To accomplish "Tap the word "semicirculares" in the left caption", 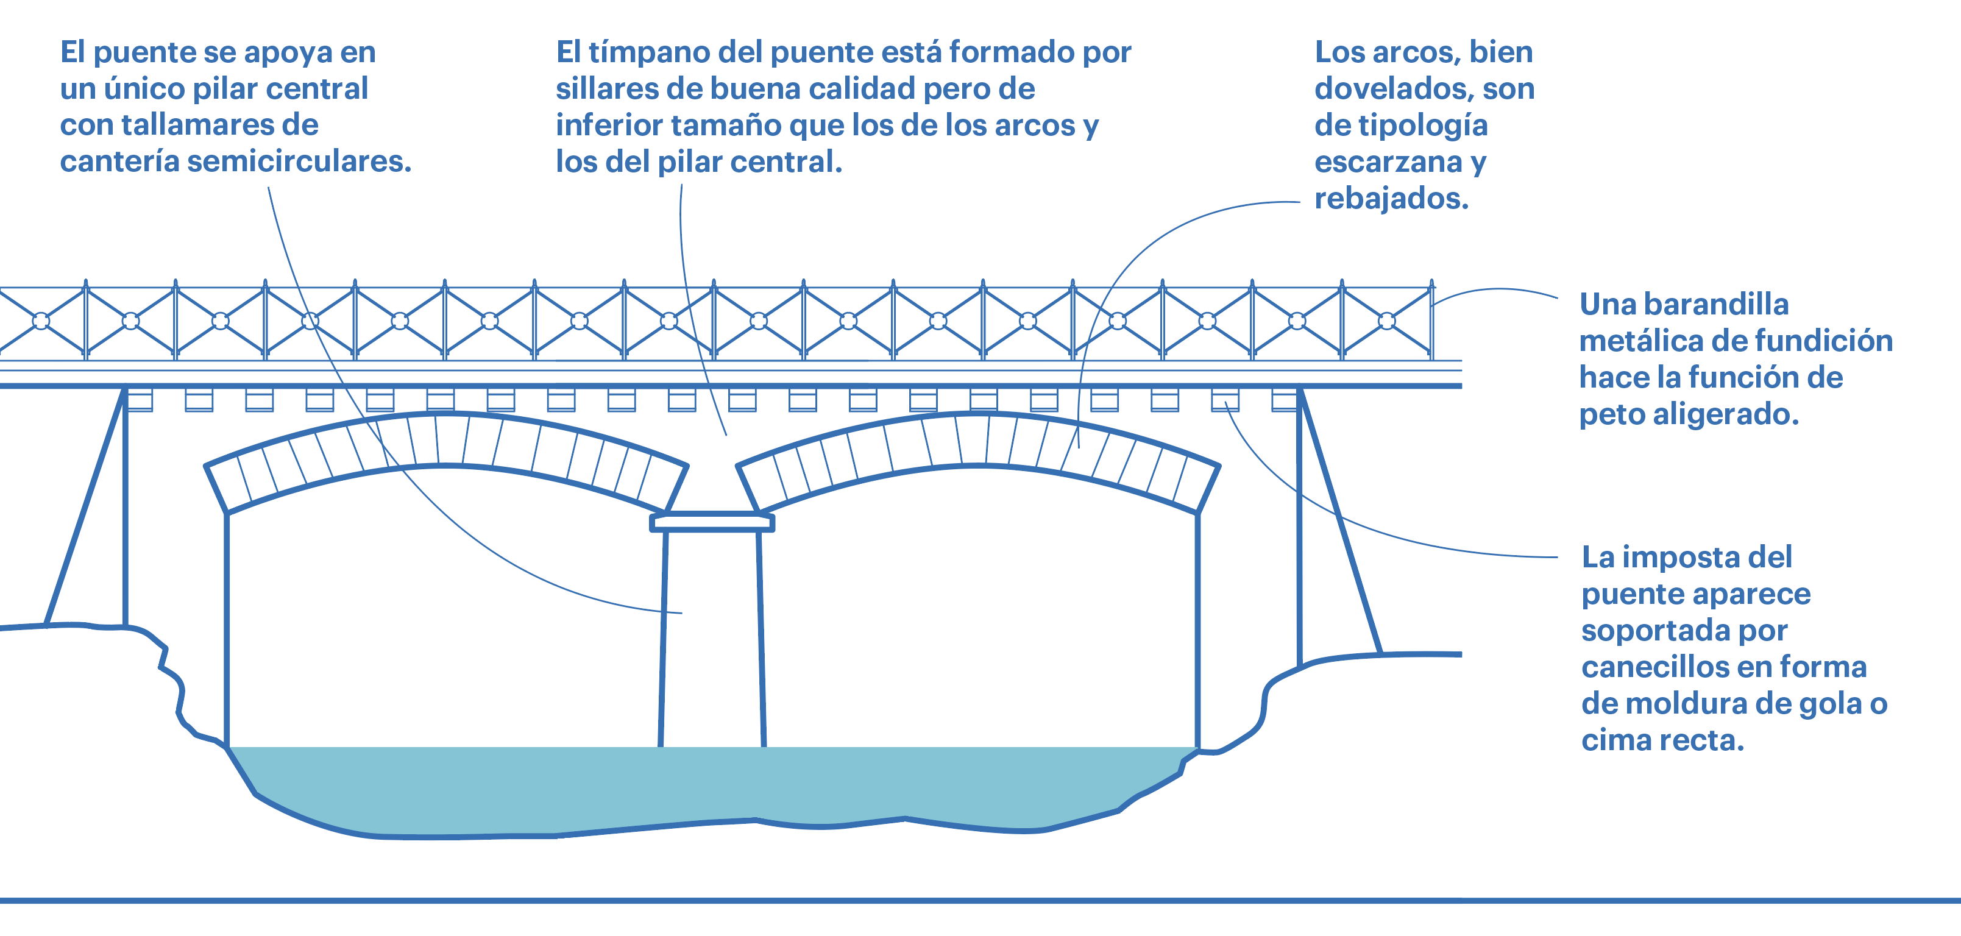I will tap(299, 161).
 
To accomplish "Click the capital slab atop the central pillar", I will tap(712, 523).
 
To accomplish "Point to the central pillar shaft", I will tap(712, 639).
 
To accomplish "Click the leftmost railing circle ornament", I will tap(41, 321).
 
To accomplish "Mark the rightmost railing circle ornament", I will tap(1387, 321).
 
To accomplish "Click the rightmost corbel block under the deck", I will tap(1285, 400).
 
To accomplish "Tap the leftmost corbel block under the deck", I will tap(140, 400).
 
